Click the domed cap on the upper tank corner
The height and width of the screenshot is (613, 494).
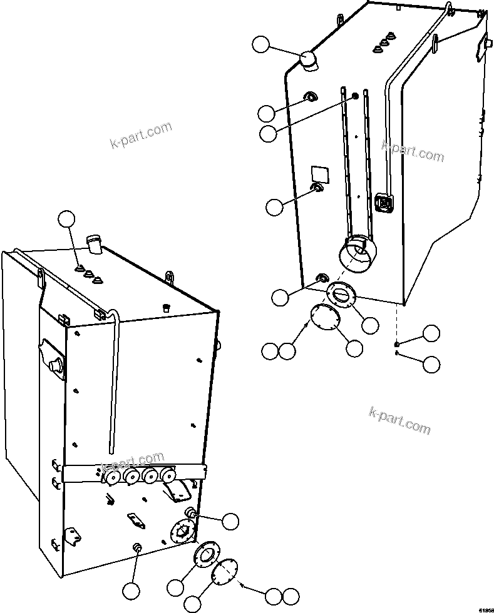pyautogui.click(x=308, y=61)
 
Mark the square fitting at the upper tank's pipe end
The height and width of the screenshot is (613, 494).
pyautogui.click(x=383, y=202)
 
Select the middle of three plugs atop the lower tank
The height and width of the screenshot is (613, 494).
pyautogui.click(x=89, y=273)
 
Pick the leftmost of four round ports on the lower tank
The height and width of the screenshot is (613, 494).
pyautogui.click(x=113, y=478)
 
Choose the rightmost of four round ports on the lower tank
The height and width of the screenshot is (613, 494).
pyautogui.click(x=168, y=475)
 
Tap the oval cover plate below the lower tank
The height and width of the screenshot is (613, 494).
pyautogui.click(x=224, y=572)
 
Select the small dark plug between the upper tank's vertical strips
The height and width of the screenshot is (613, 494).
pyautogui.click(x=355, y=96)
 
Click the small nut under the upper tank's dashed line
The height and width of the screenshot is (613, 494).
pyautogui.click(x=397, y=344)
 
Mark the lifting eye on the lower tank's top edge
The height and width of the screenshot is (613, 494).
pyautogui.click(x=168, y=276)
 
